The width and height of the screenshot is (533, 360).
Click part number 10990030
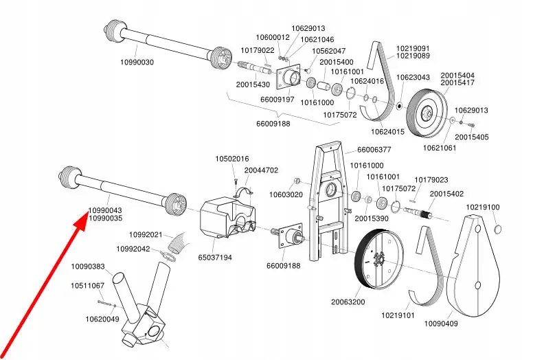[137, 62]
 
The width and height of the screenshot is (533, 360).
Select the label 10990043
[105, 210]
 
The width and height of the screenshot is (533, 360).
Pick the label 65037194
[216, 258]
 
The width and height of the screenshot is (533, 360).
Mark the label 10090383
[89, 267]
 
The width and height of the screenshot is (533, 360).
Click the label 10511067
[87, 285]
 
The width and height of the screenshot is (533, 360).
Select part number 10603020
[284, 195]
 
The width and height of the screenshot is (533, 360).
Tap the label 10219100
[483, 207]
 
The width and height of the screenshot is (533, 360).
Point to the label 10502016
[232, 159]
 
